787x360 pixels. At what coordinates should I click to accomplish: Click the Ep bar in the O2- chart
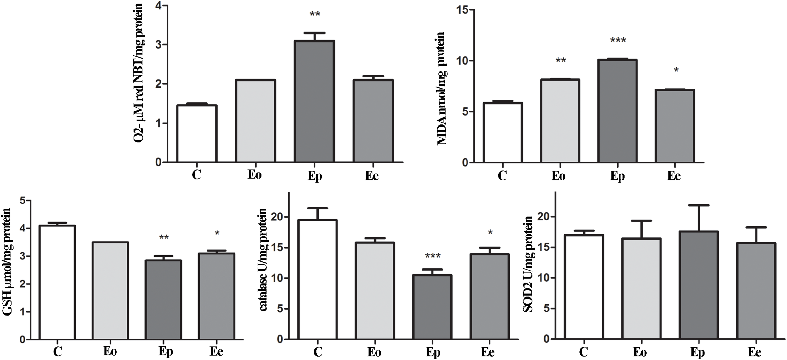click(314, 101)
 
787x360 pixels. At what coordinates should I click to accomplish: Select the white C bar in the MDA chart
click(502, 132)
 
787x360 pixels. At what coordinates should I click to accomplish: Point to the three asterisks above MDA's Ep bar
click(618, 41)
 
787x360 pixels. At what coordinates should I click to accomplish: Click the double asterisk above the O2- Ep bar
click(315, 14)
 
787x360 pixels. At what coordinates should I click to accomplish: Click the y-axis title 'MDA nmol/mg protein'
click(441, 88)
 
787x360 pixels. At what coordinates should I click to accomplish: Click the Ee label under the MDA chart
click(674, 175)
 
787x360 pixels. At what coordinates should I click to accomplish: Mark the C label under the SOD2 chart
click(583, 352)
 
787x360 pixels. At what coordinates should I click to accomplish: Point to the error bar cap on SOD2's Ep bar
click(697, 205)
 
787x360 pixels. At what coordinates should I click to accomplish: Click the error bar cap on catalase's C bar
click(318, 208)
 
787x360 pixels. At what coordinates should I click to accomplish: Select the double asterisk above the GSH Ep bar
click(164, 237)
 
